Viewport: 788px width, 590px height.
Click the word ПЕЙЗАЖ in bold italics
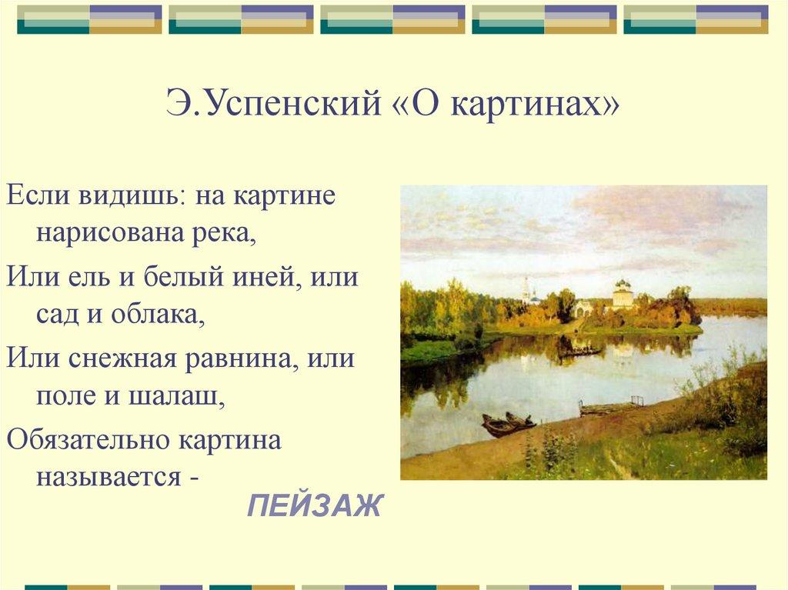(315, 505)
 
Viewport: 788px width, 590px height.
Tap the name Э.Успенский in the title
(273, 104)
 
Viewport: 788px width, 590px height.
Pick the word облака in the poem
(158, 315)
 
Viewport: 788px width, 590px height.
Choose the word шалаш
(176, 396)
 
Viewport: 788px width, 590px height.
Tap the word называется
(108, 477)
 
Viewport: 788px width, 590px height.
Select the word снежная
(122, 358)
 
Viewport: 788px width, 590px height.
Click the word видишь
(129, 196)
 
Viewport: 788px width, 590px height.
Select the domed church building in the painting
(622, 294)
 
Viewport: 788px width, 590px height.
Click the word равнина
(239, 359)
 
